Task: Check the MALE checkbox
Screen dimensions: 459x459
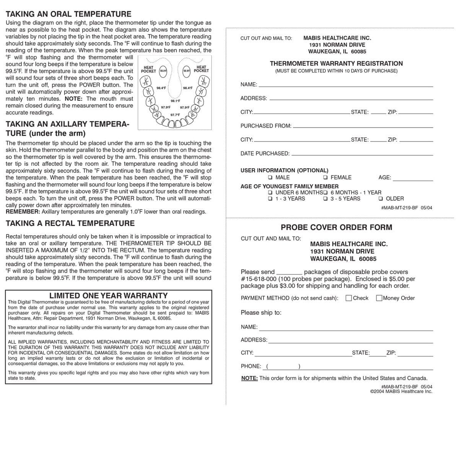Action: coord(270,177)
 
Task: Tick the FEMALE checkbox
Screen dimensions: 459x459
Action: coord(325,177)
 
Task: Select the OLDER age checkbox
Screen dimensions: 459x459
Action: coord(381,199)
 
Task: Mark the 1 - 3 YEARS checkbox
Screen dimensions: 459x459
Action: coord(270,199)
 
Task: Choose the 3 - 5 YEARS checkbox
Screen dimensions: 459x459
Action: coord(325,199)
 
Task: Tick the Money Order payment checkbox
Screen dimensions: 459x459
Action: coord(379,298)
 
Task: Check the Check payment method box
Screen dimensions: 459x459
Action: coord(349,298)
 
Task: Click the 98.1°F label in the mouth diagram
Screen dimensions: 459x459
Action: coord(175,101)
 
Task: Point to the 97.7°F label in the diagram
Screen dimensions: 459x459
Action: coord(175,115)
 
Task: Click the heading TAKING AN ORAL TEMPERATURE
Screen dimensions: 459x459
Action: coord(68,14)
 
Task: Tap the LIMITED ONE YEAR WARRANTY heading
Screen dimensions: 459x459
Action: coord(109,295)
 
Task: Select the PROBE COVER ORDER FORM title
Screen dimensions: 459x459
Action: coord(337,227)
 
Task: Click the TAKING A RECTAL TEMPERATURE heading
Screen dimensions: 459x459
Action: coord(70,223)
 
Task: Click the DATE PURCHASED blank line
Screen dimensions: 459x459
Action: coord(361,155)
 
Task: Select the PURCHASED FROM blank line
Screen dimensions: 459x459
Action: coord(363,127)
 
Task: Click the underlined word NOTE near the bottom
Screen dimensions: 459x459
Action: coord(249,378)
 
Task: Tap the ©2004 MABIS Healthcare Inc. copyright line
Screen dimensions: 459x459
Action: coord(401,391)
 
